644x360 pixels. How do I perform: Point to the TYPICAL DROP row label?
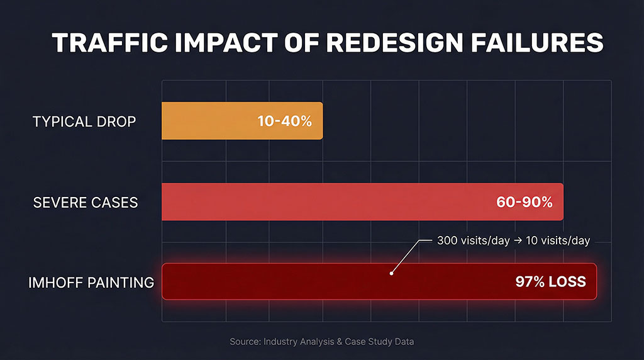coord(84,121)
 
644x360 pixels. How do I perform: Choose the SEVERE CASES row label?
coord(85,203)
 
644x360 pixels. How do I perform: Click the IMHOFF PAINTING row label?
coord(91,283)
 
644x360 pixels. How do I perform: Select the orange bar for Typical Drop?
coord(208,121)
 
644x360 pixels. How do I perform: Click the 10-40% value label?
coord(284,121)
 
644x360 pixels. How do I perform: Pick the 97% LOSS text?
coord(550,282)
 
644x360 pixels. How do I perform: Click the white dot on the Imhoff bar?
coord(391,273)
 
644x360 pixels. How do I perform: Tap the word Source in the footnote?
coord(244,341)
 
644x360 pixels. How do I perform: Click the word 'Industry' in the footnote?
coord(280,341)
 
